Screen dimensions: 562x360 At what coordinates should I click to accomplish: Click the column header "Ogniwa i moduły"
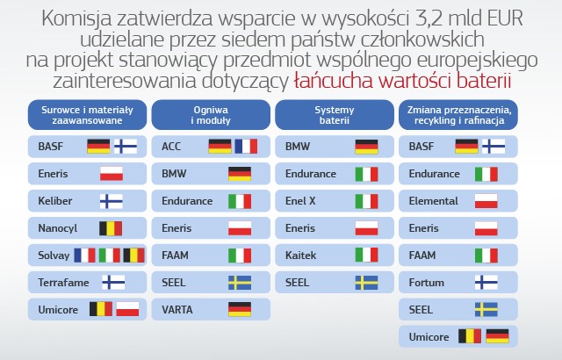211,115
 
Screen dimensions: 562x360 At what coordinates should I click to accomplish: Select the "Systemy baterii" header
335,115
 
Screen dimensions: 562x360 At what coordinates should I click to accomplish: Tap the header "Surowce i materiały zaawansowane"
87,115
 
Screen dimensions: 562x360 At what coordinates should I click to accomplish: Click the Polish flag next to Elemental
486,201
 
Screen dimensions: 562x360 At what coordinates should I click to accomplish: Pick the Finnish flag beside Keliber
112,201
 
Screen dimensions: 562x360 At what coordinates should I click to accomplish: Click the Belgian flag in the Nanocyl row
111,228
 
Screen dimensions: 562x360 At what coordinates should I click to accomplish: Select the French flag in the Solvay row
85,256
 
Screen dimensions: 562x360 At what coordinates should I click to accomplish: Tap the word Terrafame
63,283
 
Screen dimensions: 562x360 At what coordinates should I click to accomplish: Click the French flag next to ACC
246,147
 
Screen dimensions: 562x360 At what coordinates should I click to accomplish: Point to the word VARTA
177,309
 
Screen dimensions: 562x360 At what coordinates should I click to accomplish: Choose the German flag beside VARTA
240,309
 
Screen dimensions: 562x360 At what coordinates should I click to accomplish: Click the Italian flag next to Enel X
367,201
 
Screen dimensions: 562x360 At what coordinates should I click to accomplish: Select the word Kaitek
300,256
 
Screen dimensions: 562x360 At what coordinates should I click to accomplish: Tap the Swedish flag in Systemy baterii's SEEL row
367,283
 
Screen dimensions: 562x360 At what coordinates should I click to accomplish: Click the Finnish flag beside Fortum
486,283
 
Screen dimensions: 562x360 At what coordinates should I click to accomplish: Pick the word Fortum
427,283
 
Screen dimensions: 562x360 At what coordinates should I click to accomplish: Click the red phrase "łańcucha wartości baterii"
402,81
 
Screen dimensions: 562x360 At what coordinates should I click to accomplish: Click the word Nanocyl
58,228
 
